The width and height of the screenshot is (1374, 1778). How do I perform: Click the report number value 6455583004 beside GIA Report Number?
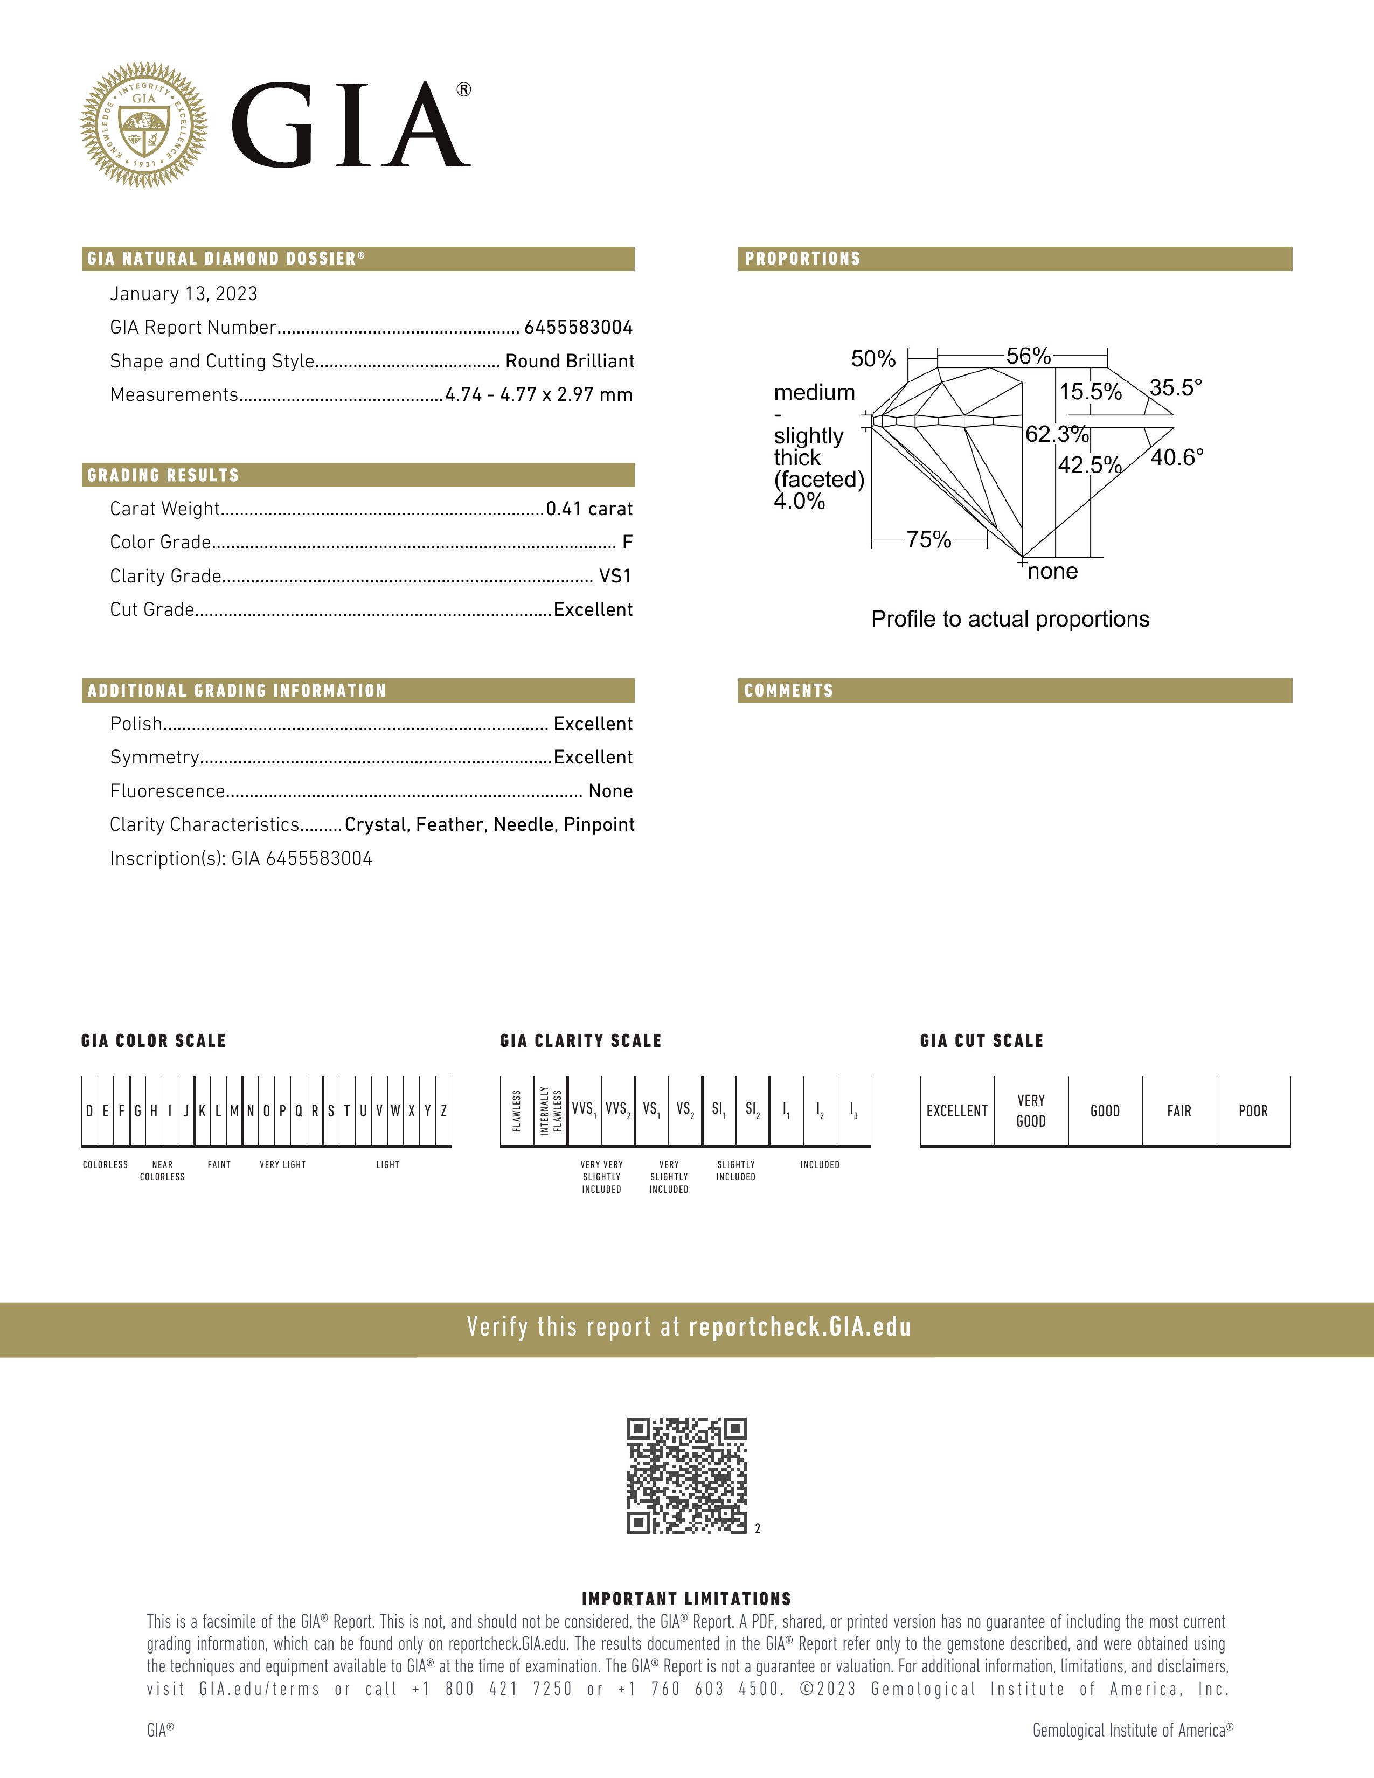coord(578,327)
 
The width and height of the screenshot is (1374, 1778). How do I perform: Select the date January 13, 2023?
coord(184,294)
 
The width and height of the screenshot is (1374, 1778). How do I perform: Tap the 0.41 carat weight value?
coord(589,509)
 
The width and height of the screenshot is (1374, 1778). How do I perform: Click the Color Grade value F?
coord(627,542)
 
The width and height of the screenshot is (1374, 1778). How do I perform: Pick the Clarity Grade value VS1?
coord(615,577)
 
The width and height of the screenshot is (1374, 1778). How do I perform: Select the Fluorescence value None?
coord(610,791)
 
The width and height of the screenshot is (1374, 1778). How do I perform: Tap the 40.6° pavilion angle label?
coord(1176,457)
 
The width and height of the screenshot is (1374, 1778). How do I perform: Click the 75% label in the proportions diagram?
coord(929,540)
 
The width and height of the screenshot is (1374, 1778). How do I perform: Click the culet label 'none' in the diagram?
coord(1052,572)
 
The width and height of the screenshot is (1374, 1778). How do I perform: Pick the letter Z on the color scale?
coord(443,1111)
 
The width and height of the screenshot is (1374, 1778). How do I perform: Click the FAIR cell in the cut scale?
coord(1178,1111)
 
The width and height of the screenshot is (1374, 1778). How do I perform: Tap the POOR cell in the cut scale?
coord(1253,1111)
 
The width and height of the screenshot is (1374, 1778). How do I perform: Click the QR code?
coord(686,1476)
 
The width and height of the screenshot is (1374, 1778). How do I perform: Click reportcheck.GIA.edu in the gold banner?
coord(799,1328)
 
